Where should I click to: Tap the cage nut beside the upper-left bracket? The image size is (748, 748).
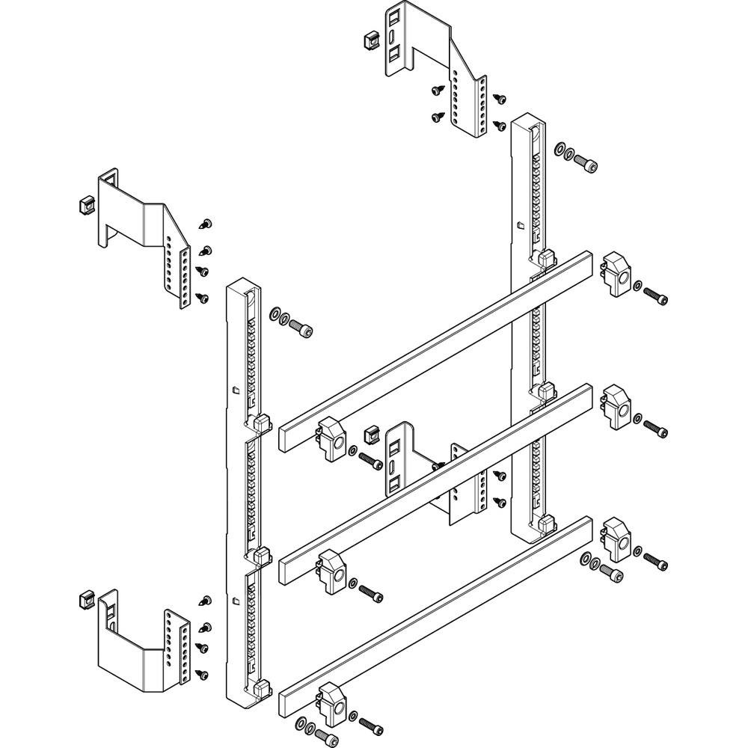click(85, 205)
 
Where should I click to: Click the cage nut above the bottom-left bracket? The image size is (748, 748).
click(85, 599)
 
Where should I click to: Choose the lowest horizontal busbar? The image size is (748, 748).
click(434, 613)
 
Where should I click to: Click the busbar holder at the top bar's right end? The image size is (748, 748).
click(616, 274)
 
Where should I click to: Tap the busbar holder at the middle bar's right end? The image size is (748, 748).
click(616, 407)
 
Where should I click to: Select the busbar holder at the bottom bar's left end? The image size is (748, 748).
click(331, 702)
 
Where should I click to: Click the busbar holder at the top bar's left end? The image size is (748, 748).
click(330, 437)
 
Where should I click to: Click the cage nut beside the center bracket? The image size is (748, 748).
click(368, 432)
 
